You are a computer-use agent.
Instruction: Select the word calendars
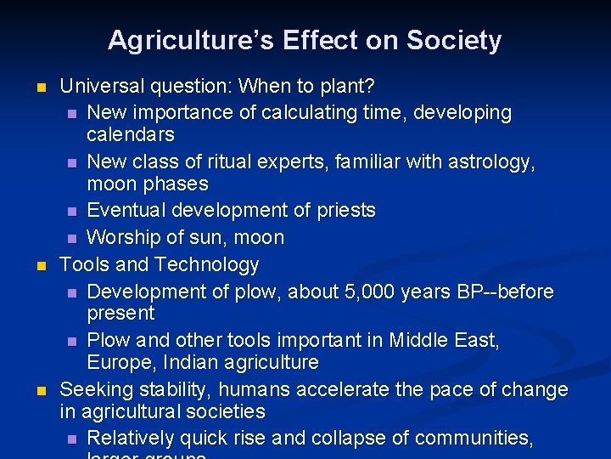point(130,135)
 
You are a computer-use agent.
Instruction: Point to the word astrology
point(487,161)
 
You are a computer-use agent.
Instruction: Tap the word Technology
point(208,265)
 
